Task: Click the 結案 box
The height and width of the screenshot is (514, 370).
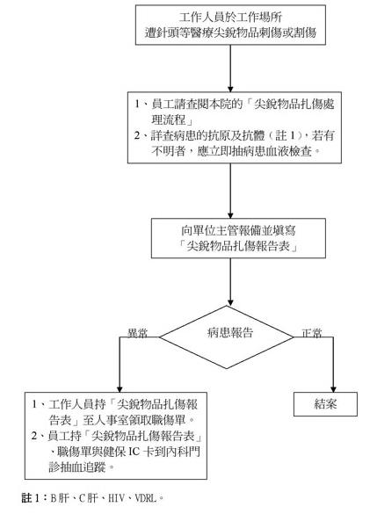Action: (325, 404)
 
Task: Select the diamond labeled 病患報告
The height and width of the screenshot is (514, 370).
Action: (227, 337)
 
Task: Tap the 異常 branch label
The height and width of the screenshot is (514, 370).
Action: (137, 333)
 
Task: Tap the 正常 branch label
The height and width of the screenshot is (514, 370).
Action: (312, 333)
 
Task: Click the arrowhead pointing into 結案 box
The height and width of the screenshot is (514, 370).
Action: (333, 389)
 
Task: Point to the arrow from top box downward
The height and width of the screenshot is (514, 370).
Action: (230, 69)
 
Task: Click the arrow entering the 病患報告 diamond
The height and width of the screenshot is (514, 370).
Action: (230, 282)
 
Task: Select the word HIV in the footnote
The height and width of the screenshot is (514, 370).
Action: (116, 498)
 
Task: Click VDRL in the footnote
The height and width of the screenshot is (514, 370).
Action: (146, 498)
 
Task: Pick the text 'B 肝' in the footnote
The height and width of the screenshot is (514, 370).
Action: (60, 498)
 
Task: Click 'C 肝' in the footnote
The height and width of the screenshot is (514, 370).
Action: (89, 498)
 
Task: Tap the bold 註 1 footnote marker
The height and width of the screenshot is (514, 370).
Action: (32, 498)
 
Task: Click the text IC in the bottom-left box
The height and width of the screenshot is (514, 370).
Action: (134, 452)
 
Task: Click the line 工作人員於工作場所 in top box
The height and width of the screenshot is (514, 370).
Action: (230, 17)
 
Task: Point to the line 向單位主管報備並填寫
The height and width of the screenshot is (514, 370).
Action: (238, 230)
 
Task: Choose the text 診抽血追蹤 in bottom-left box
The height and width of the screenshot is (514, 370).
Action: (77, 467)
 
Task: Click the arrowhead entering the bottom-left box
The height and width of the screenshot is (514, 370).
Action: (120, 389)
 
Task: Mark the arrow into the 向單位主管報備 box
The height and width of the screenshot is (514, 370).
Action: (230, 191)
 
